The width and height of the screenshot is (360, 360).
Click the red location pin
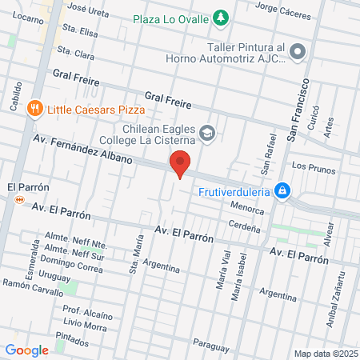[x=181, y=163]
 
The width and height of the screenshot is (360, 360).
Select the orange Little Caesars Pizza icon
[x=34, y=108]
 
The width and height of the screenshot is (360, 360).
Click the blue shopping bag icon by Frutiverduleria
[x=281, y=190]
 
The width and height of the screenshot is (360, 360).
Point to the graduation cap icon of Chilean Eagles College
[x=207, y=132]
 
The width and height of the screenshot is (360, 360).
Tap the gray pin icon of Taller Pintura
[x=298, y=53]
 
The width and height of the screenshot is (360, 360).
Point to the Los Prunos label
[x=310, y=166]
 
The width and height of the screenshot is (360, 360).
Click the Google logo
[x=26, y=350]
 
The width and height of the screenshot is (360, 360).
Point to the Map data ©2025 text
[x=325, y=353]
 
